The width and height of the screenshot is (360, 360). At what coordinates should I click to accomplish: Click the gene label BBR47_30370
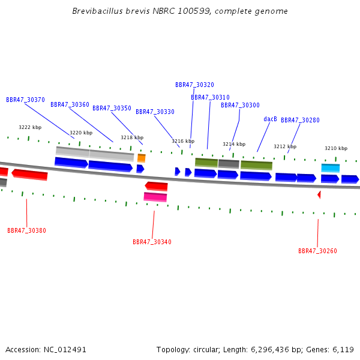click(x=25, y=100)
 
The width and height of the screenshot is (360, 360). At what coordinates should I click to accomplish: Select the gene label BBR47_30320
click(x=194, y=85)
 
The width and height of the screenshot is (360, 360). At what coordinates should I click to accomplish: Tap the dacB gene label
click(x=270, y=119)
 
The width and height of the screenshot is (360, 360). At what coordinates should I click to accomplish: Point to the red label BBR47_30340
click(x=152, y=242)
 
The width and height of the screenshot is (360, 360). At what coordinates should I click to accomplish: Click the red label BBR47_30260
click(x=317, y=251)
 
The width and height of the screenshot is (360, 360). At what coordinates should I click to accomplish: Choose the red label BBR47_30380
click(x=26, y=230)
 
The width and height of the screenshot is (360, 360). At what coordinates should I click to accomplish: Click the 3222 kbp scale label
click(x=30, y=127)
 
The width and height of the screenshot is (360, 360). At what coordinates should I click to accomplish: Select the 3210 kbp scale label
click(x=336, y=148)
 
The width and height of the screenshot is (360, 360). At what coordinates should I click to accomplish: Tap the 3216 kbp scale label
click(x=183, y=141)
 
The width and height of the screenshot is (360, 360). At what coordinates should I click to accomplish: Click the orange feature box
click(x=142, y=158)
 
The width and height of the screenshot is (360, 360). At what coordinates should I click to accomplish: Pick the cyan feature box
click(x=331, y=168)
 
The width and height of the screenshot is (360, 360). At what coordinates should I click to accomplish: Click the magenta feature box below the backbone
click(x=155, y=197)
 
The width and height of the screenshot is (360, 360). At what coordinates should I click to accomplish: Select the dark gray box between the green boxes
click(x=229, y=164)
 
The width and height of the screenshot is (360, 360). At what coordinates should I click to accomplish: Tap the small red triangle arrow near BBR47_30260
click(x=319, y=195)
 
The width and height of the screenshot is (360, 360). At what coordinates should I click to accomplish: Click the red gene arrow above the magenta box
click(x=156, y=186)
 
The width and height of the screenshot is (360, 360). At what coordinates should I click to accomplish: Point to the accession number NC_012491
click(x=65, y=350)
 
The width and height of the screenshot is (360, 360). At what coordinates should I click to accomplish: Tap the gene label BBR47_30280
click(x=301, y=120)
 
